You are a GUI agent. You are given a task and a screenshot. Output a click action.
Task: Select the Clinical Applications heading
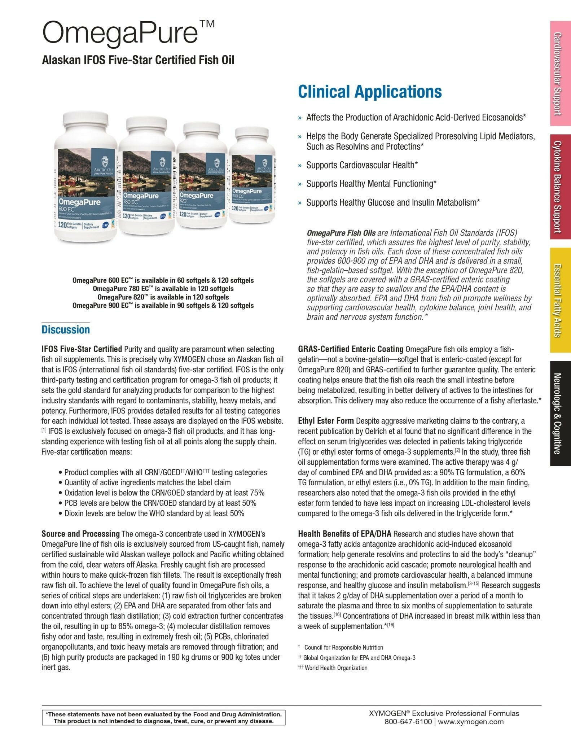pos(369,92)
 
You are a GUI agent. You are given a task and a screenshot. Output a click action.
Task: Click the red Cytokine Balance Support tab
pos(560,187)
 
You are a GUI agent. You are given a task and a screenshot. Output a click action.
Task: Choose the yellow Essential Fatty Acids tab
pos(560,300)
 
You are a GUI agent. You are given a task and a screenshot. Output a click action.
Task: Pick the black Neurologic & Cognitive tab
pos(560,413)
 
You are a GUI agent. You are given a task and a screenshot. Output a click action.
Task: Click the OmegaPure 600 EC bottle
pos(86,180)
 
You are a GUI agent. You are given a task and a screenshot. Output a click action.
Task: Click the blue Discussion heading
pos(66,329)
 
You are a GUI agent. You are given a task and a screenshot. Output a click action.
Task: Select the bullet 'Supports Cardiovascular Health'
pos(362,165)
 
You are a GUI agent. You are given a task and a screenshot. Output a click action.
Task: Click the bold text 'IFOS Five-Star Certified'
pos(82,349)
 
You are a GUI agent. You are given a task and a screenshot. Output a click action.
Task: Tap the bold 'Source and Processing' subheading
pos(80,533)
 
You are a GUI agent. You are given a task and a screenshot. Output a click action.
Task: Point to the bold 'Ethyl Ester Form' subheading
pos(326,421)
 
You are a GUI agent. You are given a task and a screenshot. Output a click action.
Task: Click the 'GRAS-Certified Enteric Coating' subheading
pos(350,349)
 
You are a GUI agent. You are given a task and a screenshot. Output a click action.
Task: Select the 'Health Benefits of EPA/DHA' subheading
pos(344,533)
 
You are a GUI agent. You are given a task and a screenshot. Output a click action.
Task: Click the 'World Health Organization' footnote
pos(336,668)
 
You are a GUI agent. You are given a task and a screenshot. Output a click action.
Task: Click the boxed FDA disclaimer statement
pos(163,717)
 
